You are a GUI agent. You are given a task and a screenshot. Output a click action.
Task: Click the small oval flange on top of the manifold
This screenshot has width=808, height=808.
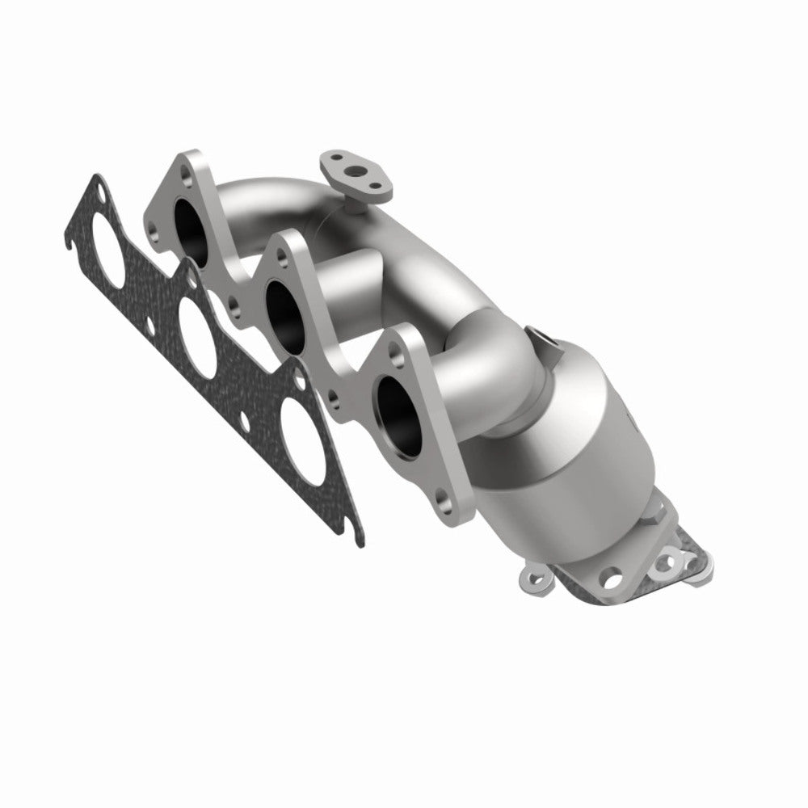[x=352, y=172]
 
